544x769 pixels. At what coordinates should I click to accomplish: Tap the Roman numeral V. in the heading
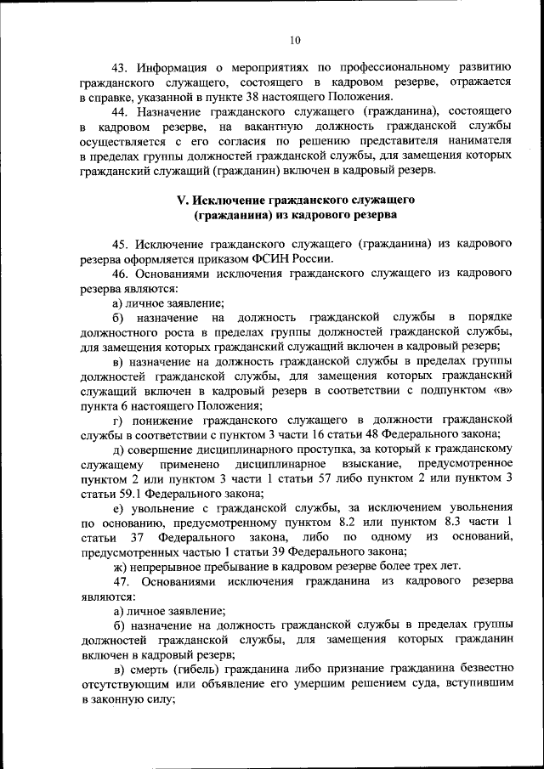(181, 200)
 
